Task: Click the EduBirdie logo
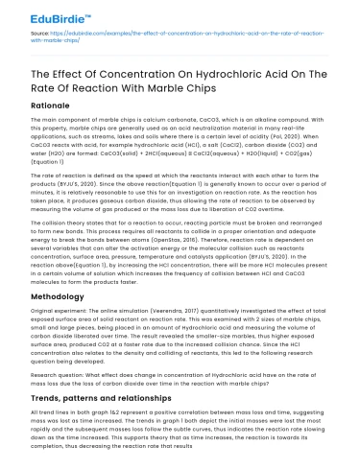(x=42, y=13)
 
